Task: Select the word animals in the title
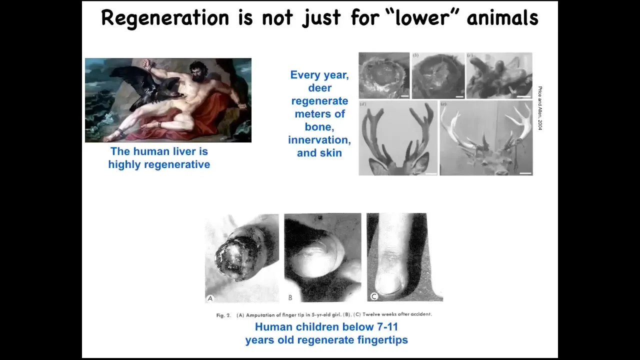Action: point(503,17)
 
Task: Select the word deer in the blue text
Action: point(319,88)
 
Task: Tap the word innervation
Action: point(319,140)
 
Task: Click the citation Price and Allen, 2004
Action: point(539,108)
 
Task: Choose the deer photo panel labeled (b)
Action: point(438,75)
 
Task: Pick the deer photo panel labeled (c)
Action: point(499,75)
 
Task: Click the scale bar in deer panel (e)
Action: point(525,173)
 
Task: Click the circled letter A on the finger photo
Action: point(210,298)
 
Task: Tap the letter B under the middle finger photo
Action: point(290,297)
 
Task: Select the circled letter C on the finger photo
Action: point(374,296)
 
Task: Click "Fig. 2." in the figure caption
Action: point(223,315)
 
